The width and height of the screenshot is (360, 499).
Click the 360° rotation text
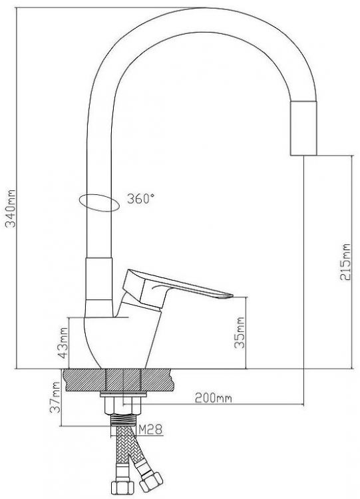[140, 198]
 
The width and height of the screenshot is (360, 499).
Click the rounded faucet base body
[106, 339]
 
